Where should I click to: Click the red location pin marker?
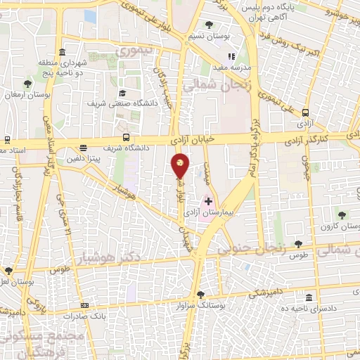point(181,166)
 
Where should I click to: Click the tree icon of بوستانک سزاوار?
point(201,294)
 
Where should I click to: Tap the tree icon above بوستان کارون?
point(342,214)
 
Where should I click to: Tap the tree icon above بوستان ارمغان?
point(27,82)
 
